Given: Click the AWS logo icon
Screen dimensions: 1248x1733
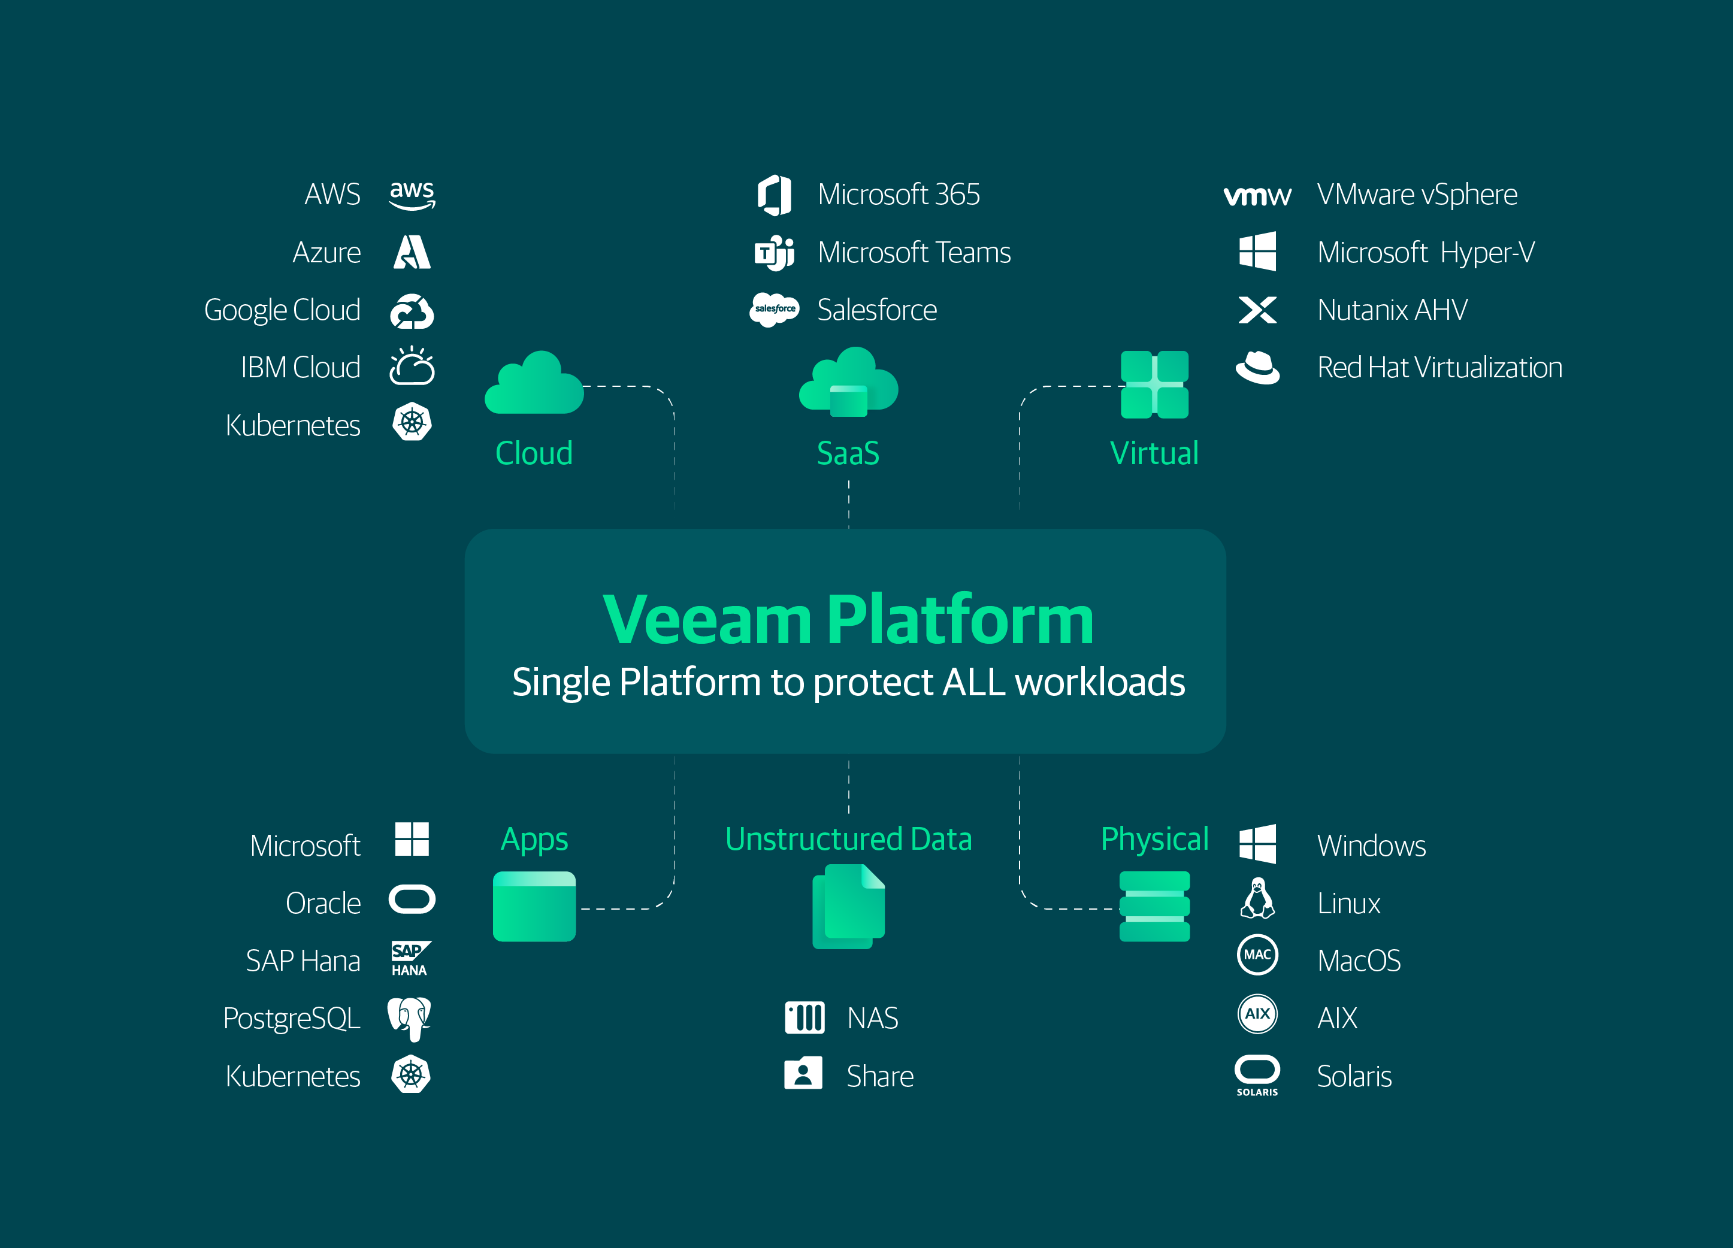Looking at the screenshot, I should pos(412,195).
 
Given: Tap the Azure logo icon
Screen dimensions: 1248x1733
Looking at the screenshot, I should pos(412,252).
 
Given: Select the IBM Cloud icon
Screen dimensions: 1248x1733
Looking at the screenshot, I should pos(412,366).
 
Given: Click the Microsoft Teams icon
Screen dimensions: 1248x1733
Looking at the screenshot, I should pos(774,252).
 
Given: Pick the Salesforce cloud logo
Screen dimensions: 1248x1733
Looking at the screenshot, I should pos(774,310).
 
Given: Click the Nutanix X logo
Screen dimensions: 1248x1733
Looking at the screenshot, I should pos(1257,310).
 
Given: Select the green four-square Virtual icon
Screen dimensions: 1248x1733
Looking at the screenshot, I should pos(1154,384).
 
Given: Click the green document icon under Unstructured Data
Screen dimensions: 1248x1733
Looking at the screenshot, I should pos(848,906).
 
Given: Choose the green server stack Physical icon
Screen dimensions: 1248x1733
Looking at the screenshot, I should pos(1154,906).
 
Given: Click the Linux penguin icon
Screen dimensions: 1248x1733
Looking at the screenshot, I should pos(1257,899).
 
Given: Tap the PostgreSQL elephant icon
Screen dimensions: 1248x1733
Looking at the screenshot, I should pos(410,1018).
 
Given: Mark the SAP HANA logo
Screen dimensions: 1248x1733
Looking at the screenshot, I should pos(410,959).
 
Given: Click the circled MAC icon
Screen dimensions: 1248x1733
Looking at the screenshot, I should pos(1257,955).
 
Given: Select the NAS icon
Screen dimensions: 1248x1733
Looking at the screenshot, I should pos(804,1017).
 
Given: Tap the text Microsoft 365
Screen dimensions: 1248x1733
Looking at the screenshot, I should pos(899,195).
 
